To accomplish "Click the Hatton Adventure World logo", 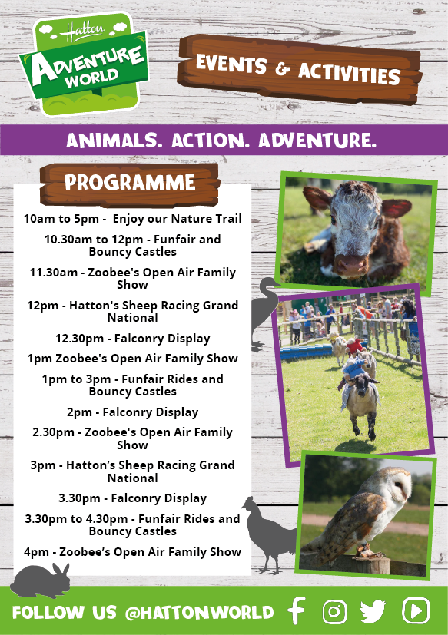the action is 85,64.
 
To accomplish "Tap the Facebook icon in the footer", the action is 297,610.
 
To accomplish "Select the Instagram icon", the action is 334,611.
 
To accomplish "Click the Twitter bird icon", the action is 373,611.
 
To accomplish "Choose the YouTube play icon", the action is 416,610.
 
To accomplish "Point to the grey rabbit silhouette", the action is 40,580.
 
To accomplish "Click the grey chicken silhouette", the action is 269,534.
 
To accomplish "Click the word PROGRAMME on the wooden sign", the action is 130,183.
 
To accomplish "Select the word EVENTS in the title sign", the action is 231,64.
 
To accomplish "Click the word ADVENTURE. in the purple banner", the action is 317,141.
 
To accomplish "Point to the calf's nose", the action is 351,265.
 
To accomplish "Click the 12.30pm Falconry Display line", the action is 133,339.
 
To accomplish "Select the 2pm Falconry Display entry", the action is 133,412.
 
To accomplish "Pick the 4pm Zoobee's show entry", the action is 133,551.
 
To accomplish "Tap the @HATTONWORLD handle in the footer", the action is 200,612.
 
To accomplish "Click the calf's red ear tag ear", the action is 395,208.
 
